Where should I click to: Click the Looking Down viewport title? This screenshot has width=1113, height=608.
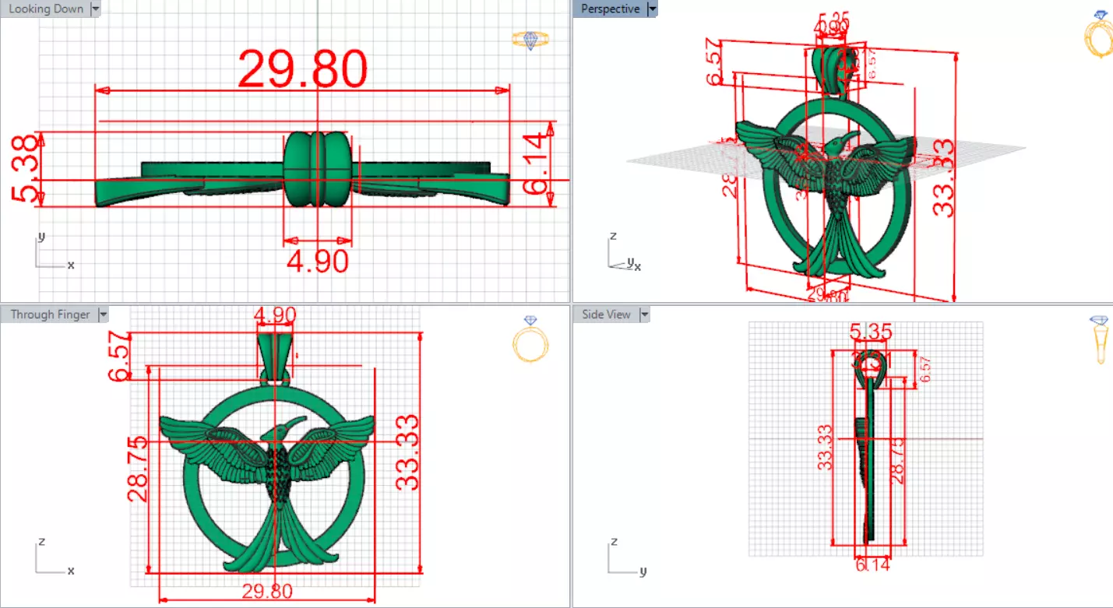(x=45, y=9)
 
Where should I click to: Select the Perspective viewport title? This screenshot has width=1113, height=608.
(x=610, y=9)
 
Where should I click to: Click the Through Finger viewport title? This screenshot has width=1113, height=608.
(x=50, y=315)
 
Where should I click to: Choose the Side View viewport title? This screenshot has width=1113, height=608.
(x=606, y=315)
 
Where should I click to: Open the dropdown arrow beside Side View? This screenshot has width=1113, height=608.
(x=644, y=315)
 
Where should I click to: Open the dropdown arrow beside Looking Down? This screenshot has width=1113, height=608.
(x=96, y=9)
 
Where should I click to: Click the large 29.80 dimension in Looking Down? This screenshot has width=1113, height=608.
(x=302, y=69)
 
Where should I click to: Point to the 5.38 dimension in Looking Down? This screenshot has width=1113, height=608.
(x=24, y=169)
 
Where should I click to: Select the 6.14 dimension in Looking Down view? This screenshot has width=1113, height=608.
(x=538, y=163)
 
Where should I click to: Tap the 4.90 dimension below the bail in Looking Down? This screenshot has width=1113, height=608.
(x=317, y=261)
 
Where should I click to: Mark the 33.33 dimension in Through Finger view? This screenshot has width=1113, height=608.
(x=407, y=452)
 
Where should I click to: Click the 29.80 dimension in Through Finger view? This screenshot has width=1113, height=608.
(x=266, y=592)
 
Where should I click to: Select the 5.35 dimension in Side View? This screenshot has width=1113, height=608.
(x=871, y=333)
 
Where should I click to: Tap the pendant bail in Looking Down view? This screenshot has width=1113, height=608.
(x=317, y=170)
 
